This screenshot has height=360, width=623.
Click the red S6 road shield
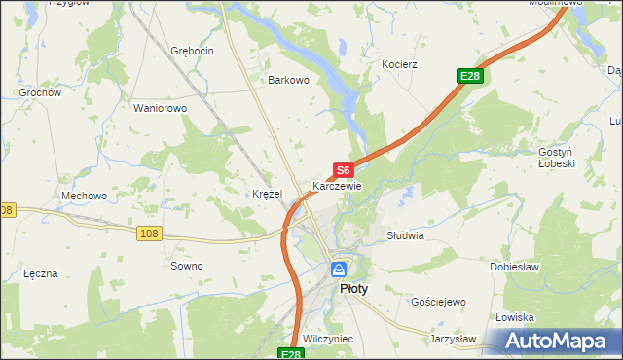(343, 169)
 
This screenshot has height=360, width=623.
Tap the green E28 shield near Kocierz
(470, 76)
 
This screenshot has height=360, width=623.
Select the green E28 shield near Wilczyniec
(291, 355)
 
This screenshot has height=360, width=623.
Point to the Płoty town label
(352, 289)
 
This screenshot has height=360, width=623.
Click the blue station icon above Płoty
(338, 270)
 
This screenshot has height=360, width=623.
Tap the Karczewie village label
(337, 186)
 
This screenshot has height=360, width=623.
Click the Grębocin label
(191, 50)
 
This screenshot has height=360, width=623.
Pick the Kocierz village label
(399, 64)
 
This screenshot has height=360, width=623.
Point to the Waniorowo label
(160, 108)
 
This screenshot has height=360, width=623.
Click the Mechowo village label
(84, 196)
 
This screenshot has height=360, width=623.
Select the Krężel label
(267, 194)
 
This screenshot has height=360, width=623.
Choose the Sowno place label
(187, 266)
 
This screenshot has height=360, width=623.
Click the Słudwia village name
(405, 235)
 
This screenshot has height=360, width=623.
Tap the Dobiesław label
(515, 266)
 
